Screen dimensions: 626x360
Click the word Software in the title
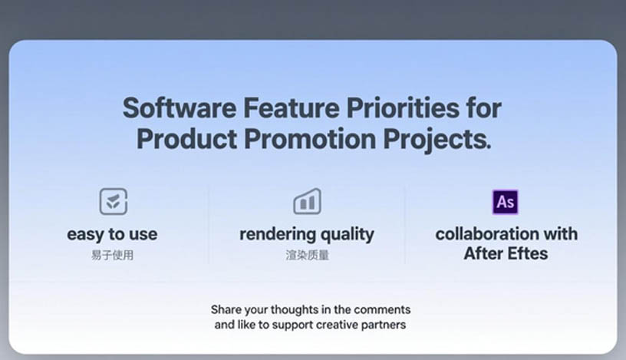tap(180, 108)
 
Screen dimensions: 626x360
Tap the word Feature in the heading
tap(291, 108)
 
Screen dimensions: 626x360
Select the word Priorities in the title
tap(403, 108)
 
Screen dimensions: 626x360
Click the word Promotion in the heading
tap(310, 139)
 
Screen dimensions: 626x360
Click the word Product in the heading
tap(187, 139)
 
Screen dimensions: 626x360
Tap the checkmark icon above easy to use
tap(114, 201)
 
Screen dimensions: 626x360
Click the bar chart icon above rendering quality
tap(307, 201)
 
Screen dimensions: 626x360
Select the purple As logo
tap(506, 202)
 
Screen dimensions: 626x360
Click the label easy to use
tap(112, 235)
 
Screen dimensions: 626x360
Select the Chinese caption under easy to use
tap(112, 255)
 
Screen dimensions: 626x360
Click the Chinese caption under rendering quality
tap(307, 255)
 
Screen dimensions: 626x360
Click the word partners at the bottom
tap(384, 325)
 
